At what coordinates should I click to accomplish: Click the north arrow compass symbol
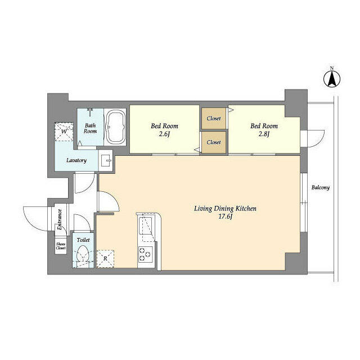point(332,79)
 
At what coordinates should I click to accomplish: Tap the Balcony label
point(320,187)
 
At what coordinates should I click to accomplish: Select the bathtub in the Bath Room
point(116,127)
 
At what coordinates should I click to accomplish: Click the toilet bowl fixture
point(82,254)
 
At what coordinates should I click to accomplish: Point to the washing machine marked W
point(64,132)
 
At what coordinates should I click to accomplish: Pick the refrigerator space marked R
point(105,259)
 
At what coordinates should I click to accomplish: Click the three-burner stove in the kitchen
point(145,255)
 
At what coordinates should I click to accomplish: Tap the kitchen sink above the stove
point(145,226)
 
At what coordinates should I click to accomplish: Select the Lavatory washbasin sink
point(106,161)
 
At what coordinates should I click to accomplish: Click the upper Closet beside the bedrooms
point(214,119)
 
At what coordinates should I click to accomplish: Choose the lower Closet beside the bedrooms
point(214,142)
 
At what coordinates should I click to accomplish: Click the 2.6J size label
point(164,134)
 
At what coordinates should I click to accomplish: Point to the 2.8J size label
point(264,134)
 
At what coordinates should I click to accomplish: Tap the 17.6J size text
point(226,217)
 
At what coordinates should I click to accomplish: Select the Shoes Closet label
point(61,246)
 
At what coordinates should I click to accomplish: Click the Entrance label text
point(60,220)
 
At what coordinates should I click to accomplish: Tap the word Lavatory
point(76,160)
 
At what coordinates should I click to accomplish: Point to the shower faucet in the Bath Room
point(90,112)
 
